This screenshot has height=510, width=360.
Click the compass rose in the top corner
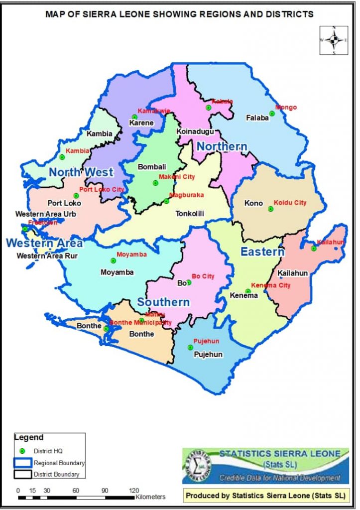pos(334,39)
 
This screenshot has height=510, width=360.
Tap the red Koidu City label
pos(290,203)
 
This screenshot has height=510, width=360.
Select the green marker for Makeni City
pos(155,183)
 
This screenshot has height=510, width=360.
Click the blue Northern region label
pos(222,146)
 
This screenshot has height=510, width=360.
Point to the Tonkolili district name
pos(190,214)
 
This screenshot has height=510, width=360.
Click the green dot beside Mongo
pos(272,114)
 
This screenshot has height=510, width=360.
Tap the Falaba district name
pos(257,118)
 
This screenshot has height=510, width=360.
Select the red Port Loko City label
pos(101,189)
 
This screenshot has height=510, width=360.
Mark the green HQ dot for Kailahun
pos(314,248)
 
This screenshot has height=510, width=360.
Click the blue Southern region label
pos(163,302)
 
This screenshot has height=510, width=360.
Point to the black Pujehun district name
pos(208,355)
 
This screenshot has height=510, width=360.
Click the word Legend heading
pos(29,437)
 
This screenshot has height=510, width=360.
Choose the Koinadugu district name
pos(195,131)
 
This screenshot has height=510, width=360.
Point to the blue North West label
pos(81,172)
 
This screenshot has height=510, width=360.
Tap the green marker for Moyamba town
pos(113,260)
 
